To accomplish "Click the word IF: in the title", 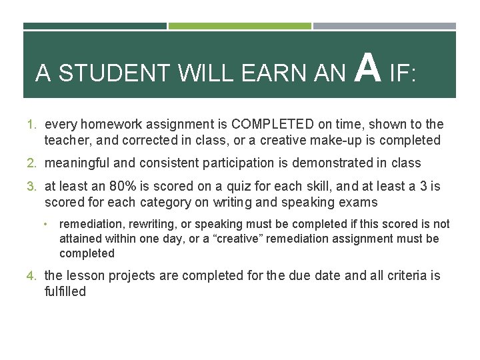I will [403, 73].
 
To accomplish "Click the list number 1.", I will [31, 125].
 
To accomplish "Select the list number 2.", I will [31, 163].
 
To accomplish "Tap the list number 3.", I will [31, 187].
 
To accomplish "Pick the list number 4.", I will [31, 276].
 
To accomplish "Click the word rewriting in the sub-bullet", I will [145, 224].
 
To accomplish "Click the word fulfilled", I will [65, 292].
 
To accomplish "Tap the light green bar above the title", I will [239, 26].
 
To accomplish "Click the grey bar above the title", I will [385, 26].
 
